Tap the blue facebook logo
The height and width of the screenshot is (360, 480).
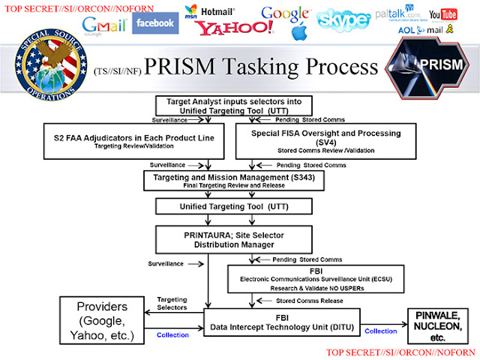155,22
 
